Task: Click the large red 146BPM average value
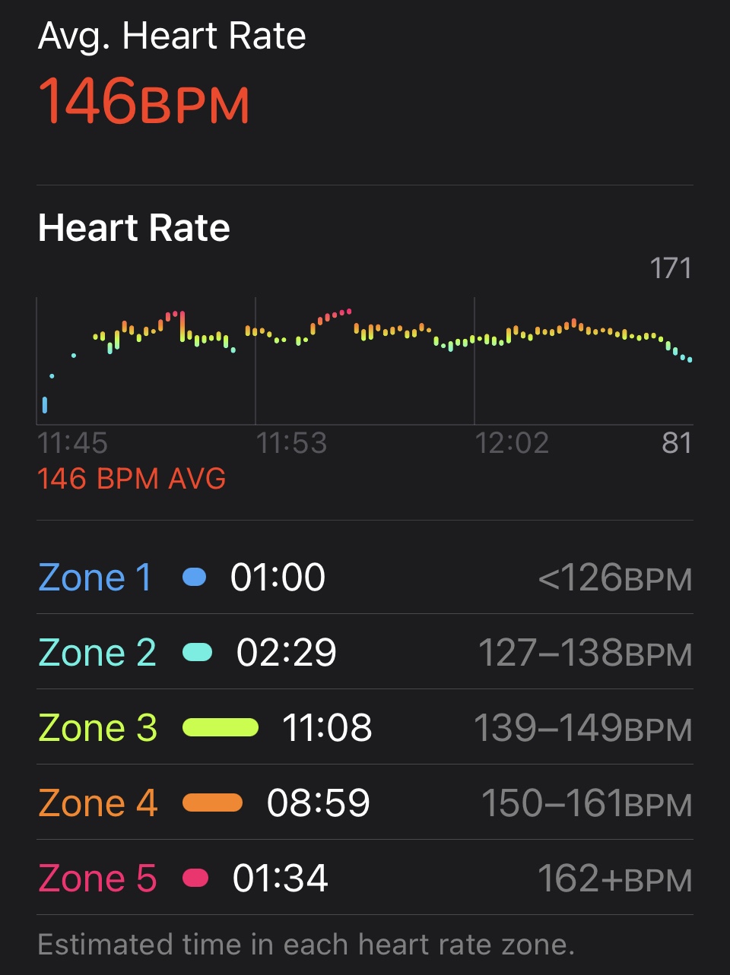144,101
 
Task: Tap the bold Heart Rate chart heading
134,227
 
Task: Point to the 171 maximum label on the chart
670,268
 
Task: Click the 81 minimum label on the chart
676,443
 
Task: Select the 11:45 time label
72,443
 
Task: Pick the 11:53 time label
291,443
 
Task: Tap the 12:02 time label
512,443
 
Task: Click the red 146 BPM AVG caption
132,479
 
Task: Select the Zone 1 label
95,578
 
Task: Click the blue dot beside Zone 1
195,578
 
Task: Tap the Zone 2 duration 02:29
286,653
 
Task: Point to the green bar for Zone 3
221,728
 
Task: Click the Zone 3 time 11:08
327,728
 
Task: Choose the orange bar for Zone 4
213,803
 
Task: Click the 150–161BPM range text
586,803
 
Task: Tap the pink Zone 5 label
97,878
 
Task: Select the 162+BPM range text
614,878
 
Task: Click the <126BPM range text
614,578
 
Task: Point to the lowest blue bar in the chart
45,405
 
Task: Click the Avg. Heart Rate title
172,36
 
